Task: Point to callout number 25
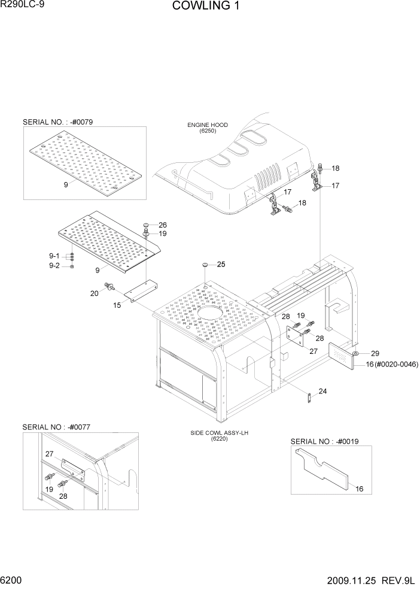click(221, 264)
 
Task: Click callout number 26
click(163, 225)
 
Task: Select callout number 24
click(322, 392)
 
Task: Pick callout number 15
click(117, 305)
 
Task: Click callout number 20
click(94, 293)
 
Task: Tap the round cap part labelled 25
click(205, 264)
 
